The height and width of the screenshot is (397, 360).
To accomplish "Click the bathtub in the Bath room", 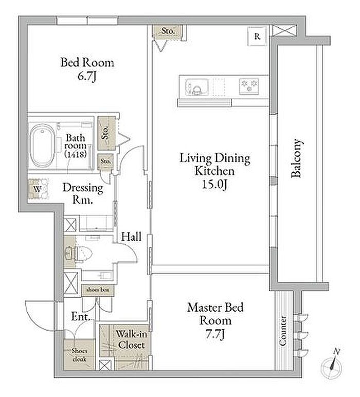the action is point(42,145).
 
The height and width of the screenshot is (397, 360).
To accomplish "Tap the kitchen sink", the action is point(196,87).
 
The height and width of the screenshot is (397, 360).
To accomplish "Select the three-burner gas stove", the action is point(249,86).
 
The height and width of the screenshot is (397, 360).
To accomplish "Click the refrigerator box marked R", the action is point(257,37).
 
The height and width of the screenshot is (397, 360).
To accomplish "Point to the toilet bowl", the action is point(79,252).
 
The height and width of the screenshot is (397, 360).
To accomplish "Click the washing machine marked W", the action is point(38,189).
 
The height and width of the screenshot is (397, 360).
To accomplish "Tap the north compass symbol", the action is point(332,365).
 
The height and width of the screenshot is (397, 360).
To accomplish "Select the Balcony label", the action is point(296,158).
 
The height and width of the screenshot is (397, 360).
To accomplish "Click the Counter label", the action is point(282,331).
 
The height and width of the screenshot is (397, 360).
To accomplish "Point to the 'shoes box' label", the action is point(98,290).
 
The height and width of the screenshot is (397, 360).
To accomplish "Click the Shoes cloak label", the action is point(79,355).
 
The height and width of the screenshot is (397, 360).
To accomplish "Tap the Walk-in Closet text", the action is point(131,339).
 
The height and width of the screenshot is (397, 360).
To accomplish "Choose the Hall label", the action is point(131,237).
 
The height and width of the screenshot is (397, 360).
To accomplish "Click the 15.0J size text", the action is point(214,185).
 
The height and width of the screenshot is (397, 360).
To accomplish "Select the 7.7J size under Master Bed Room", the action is point(215,334).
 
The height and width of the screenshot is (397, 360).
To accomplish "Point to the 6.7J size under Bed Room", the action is point(87,76).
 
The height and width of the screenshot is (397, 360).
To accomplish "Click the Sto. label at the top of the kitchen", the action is point(168,31).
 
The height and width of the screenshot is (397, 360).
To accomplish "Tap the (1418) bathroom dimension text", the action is point(76,154).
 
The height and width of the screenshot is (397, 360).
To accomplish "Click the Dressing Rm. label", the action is point(83,194).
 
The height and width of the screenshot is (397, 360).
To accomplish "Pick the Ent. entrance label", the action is point(81,316).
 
